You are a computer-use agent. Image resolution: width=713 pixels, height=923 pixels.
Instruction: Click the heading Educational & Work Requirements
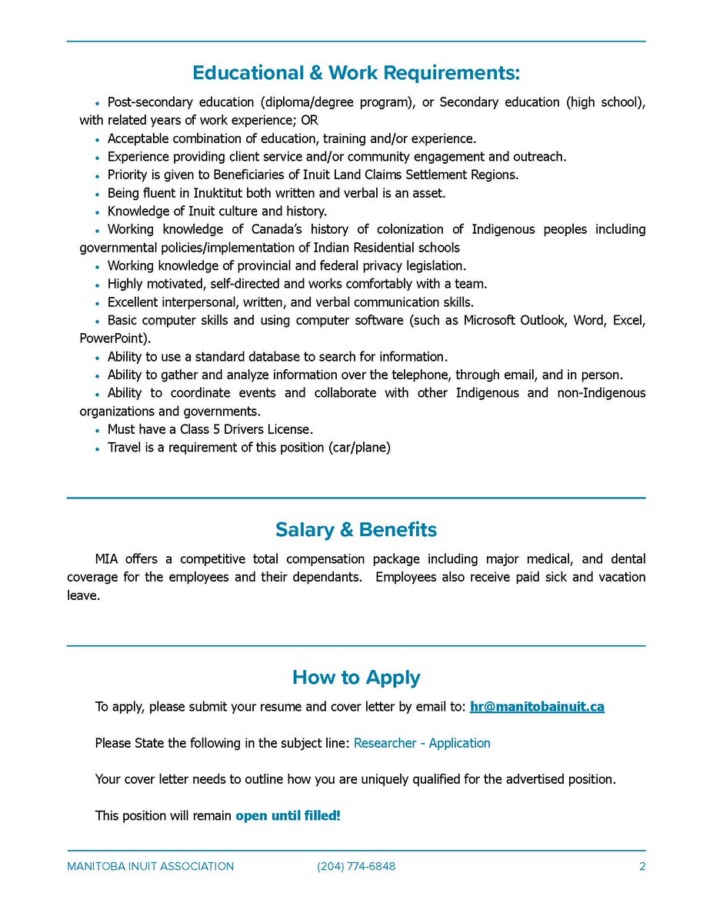[356, 73]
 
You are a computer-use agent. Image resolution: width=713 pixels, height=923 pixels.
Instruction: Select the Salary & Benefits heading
[356, 530]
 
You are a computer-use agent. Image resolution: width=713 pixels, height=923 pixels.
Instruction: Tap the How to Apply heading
[356, 678]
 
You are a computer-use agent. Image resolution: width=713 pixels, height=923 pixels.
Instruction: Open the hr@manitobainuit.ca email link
[537, 707]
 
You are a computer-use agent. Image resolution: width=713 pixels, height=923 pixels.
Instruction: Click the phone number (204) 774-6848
[356, 867]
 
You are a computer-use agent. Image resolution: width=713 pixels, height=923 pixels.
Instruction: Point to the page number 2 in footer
[641, 867]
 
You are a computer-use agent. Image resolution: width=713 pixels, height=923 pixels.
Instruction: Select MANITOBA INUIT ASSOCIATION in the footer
[151, 867]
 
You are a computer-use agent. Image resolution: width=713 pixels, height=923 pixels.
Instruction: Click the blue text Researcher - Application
[421, 743]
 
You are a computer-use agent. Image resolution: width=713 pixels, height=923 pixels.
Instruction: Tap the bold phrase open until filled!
[288, 815]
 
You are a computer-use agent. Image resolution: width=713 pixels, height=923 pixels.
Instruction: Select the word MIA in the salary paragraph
[108, 559]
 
